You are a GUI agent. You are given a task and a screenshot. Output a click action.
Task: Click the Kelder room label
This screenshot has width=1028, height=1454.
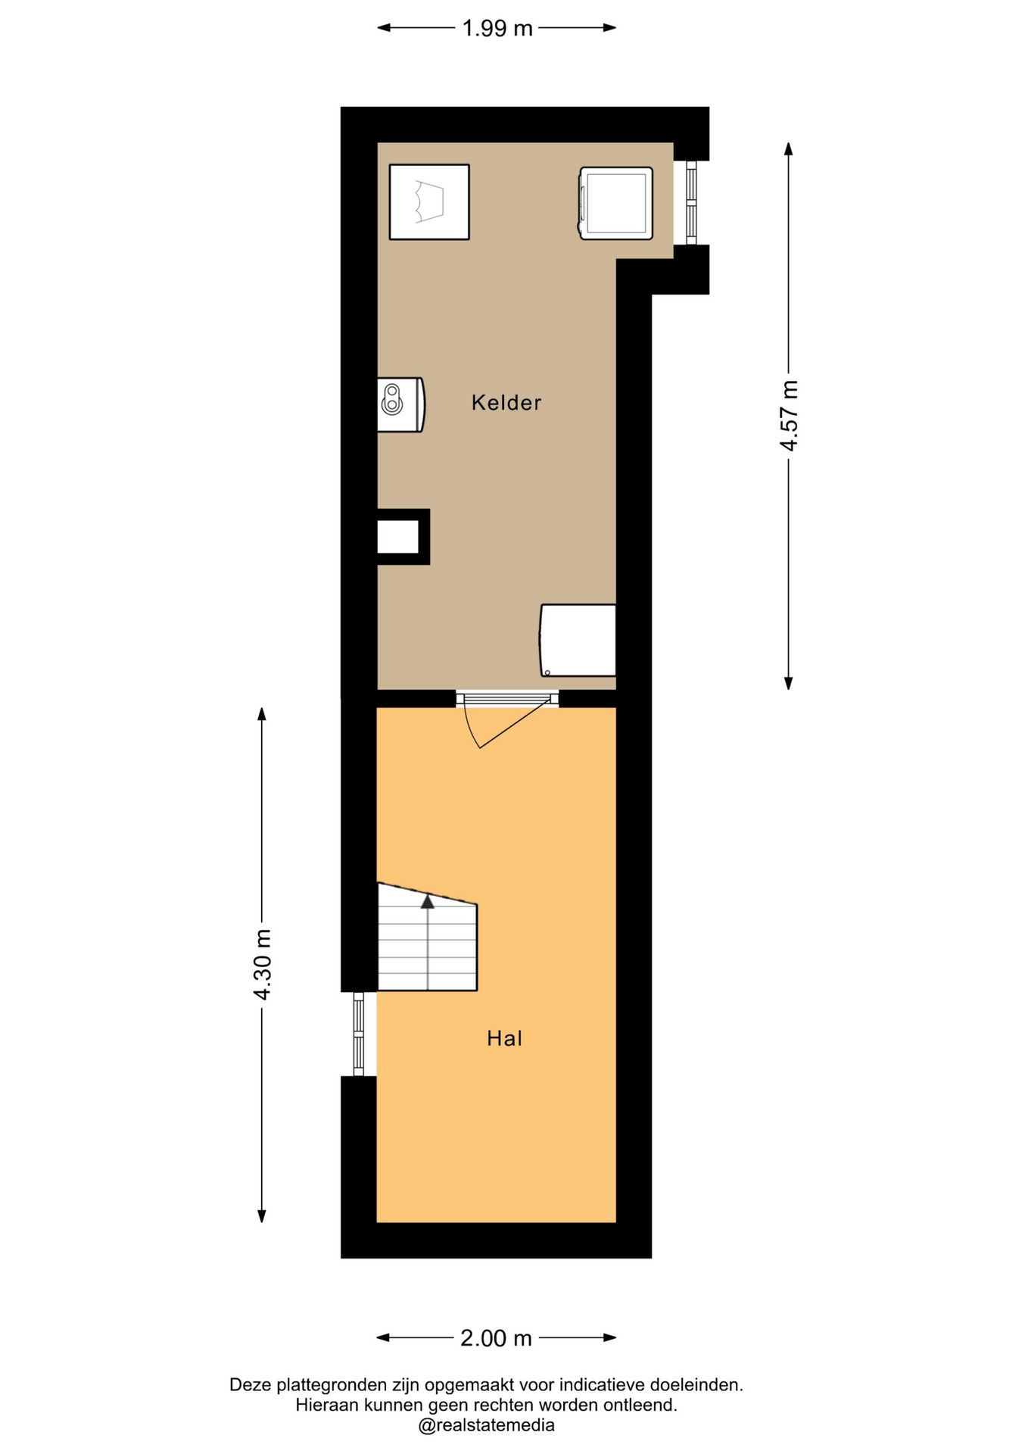click(x=506, y=402)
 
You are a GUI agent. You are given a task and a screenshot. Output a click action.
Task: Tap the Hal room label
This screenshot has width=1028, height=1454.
click(x=505, y=1038)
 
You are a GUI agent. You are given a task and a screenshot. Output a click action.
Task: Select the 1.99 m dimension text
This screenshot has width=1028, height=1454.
click(x=497, y=28)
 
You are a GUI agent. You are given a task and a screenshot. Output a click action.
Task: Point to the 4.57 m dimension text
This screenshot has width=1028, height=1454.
click(x=790, y=415)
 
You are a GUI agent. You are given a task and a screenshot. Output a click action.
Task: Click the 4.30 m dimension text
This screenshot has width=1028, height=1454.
click(x=262, y=964)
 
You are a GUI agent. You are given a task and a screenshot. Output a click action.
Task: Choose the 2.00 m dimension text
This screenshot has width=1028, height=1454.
click(x=497, y=1338)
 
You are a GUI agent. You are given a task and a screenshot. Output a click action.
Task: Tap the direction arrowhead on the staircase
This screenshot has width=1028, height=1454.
click(x=428, y=901)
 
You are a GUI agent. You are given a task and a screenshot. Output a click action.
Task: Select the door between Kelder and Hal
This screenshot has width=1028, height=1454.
click(x=507, y=719)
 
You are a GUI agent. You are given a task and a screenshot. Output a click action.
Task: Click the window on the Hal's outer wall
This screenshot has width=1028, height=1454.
click(x=359, y=1034)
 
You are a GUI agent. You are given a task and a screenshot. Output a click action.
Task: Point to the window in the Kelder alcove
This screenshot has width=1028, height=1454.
click(x=691, y=202)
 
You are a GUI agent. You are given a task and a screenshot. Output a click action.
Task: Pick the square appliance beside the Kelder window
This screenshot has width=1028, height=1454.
click(x=616, y=204)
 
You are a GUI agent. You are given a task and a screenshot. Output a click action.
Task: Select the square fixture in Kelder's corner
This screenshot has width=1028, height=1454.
click(x=429, y=202)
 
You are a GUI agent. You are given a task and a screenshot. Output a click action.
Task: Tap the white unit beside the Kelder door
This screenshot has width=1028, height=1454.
click(x=578, y=640)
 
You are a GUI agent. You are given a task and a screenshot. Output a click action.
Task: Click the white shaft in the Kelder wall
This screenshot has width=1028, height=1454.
click(x=398, y=537)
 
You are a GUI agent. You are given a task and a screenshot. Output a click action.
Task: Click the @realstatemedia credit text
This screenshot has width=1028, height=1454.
click(x=487, y=1425)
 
